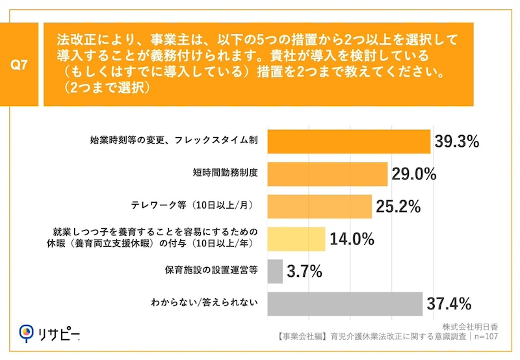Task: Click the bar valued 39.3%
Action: click(x=349, y=142)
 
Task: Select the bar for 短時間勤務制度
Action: click(x=328, y=174)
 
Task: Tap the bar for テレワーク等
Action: click(x=320, y=207)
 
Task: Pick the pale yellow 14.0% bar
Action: click(x=296, y=238)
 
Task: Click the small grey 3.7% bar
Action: click(x=275, y=271)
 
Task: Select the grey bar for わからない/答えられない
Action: click(x=345, y=303)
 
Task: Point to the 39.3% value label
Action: click(x=456, y=142)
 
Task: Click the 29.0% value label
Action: click(x=413, y=174)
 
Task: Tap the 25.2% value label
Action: click(x=398, y=207)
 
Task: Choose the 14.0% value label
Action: click(x=352, y=238)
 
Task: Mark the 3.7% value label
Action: click(x=305, y=271)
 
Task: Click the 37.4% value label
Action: click(x=448, y=303)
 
